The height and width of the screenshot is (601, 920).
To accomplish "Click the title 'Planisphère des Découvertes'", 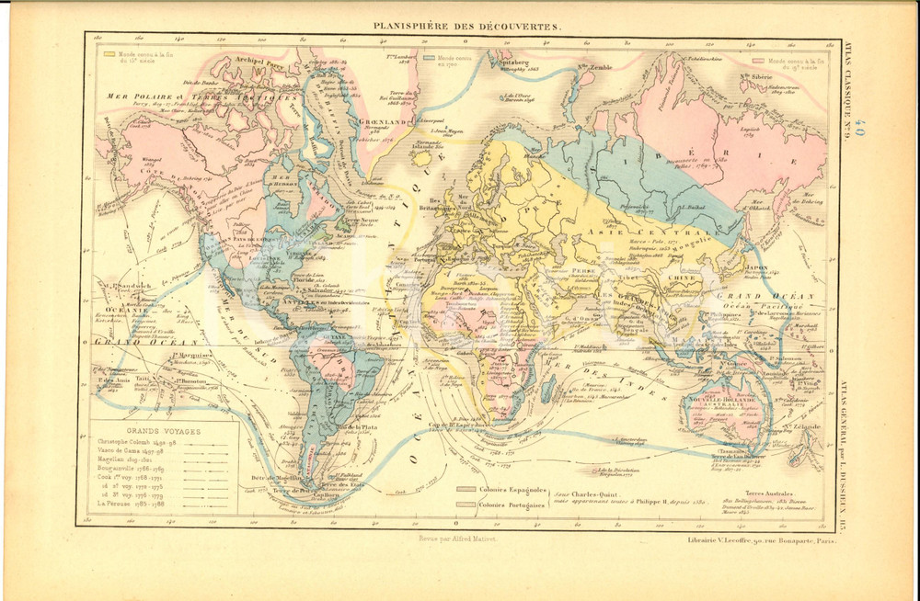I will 465,27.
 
